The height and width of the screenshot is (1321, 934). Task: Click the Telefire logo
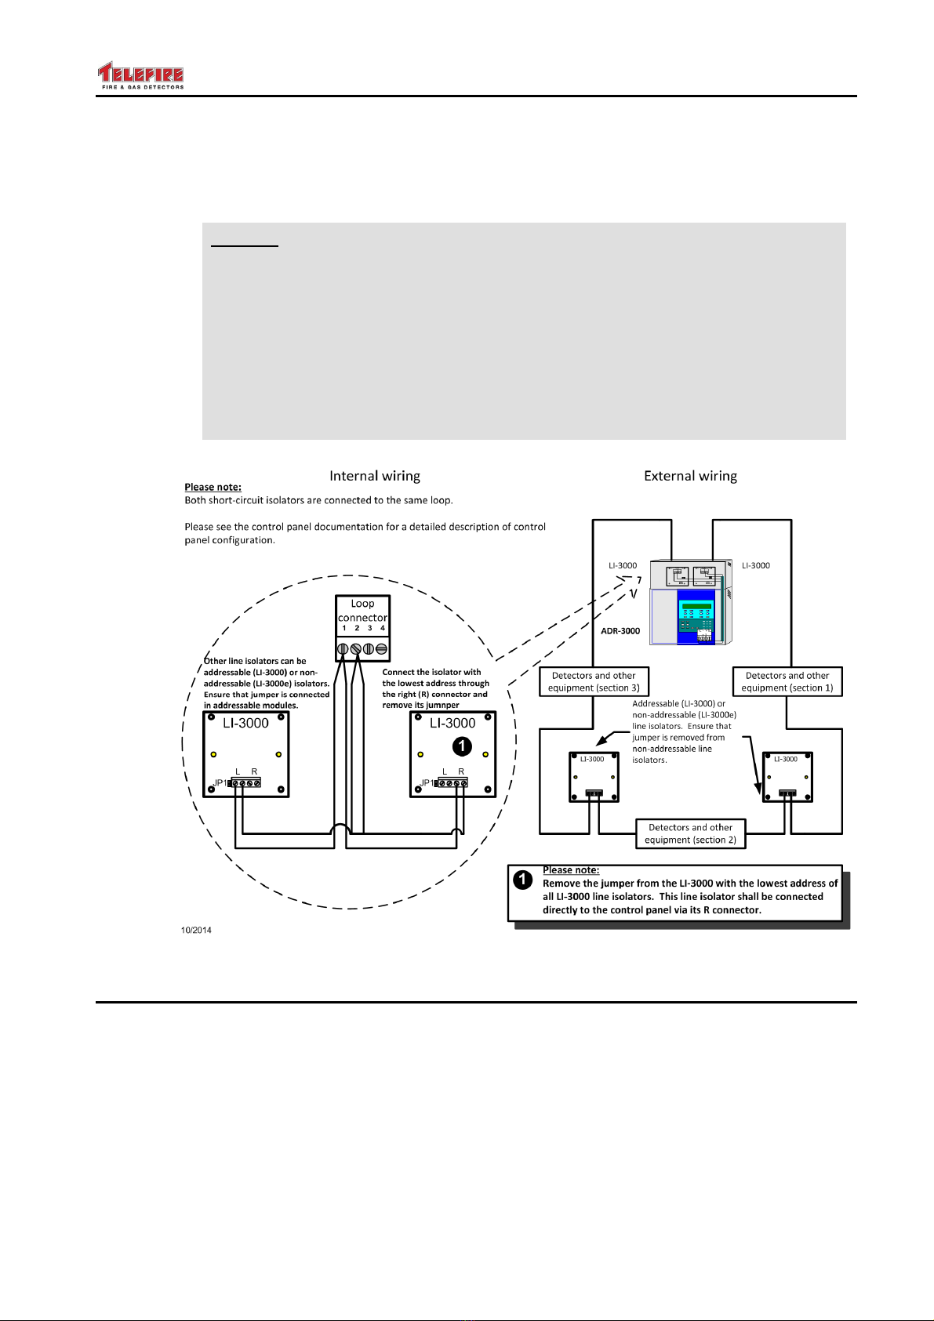click(140, 77)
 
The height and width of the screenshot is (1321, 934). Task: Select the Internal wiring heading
click(374, 476)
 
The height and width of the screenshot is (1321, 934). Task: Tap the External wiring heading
click(690, 476)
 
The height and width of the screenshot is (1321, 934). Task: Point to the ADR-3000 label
click(620, 631)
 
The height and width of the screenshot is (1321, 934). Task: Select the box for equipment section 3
click(594, 681)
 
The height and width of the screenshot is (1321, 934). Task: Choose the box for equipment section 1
click(787, 681)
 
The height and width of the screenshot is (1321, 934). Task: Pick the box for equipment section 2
click(690, 833)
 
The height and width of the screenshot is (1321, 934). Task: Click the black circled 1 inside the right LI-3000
click(463, 746)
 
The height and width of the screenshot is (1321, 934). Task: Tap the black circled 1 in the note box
click(523, 880)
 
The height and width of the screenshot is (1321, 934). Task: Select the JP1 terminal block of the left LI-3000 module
click(245, 782)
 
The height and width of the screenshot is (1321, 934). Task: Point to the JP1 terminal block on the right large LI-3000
click(452, 782)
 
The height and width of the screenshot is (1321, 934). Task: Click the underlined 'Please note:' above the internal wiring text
click(213, 488)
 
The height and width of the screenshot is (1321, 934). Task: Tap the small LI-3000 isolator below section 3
click(594, 777)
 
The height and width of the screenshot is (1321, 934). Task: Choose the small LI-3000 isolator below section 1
click(787, 777)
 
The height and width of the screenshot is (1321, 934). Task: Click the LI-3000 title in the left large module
click(245, 724)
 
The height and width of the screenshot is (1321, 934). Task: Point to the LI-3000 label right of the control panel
click(756, 565)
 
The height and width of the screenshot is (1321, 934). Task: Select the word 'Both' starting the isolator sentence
click(195, 500)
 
